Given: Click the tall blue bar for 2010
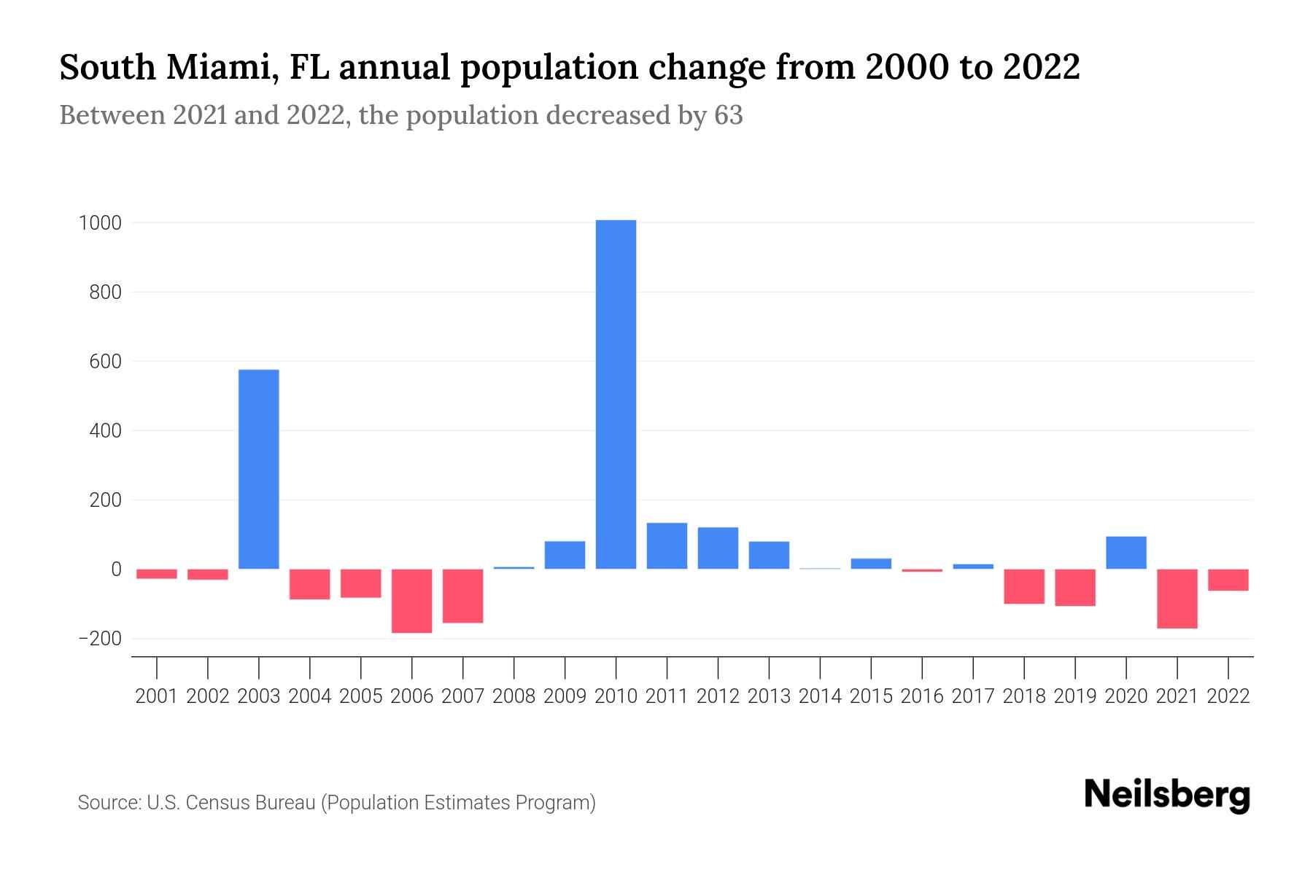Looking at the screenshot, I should coord(616,394).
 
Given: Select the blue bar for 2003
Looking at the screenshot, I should coord(259,469).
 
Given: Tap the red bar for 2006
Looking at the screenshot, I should coord(411,601).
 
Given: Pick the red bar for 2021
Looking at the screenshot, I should coord(1177,599).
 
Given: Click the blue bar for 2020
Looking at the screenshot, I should coord(1126,553).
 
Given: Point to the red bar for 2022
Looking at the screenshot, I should coord(1228,580).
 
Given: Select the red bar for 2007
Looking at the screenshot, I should coord(462,596).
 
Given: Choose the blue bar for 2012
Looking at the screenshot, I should coord(718,548).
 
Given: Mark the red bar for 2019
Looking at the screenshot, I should coord(1074,587).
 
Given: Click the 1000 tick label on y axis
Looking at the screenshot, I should coord(100,223).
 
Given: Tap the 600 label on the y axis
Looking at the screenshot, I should coord(105,362).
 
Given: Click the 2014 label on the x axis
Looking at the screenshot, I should coord(820,696).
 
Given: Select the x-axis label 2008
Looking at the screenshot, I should coord(514,696).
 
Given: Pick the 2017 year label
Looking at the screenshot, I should coord(972,696).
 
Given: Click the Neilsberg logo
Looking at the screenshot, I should coord(1167,795).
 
